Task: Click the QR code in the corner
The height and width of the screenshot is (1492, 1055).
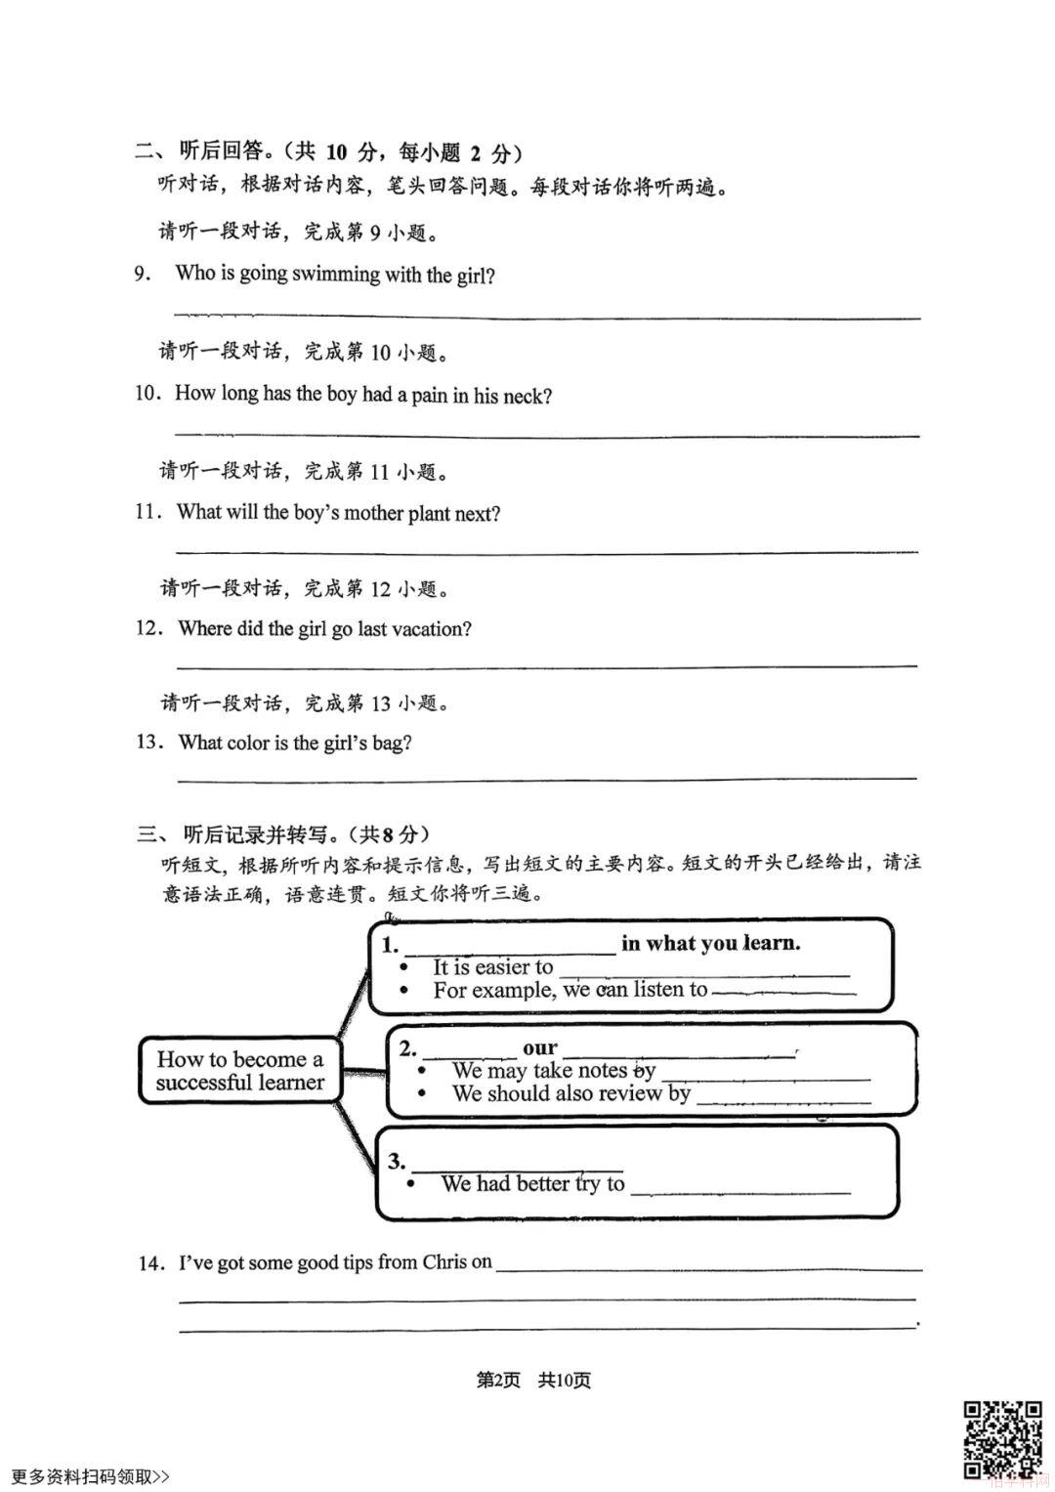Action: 1002,1439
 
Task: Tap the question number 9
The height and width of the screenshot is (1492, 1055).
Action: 144,275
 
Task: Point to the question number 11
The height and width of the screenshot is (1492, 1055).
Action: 148,513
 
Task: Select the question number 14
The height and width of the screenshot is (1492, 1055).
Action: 149,1263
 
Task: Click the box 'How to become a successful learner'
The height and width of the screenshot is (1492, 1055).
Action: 239,1071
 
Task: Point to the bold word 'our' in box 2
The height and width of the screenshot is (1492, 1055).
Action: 539,1048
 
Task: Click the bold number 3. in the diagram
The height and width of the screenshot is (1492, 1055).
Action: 397,1162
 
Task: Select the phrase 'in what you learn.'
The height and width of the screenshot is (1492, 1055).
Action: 710,944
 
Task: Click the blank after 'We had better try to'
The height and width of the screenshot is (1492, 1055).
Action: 740,1186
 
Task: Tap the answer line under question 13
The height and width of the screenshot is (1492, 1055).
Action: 547,777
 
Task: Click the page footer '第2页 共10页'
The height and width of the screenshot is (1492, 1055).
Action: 533,1381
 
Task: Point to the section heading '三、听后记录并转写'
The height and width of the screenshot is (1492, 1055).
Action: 283,834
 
